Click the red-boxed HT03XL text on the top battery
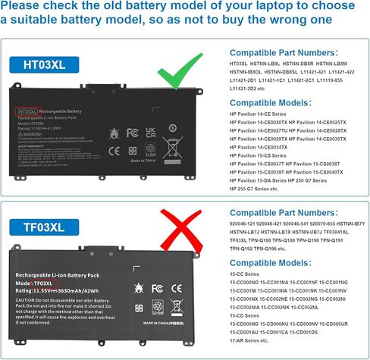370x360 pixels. tap(27, 111)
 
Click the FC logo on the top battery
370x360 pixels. tap(133, 130)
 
